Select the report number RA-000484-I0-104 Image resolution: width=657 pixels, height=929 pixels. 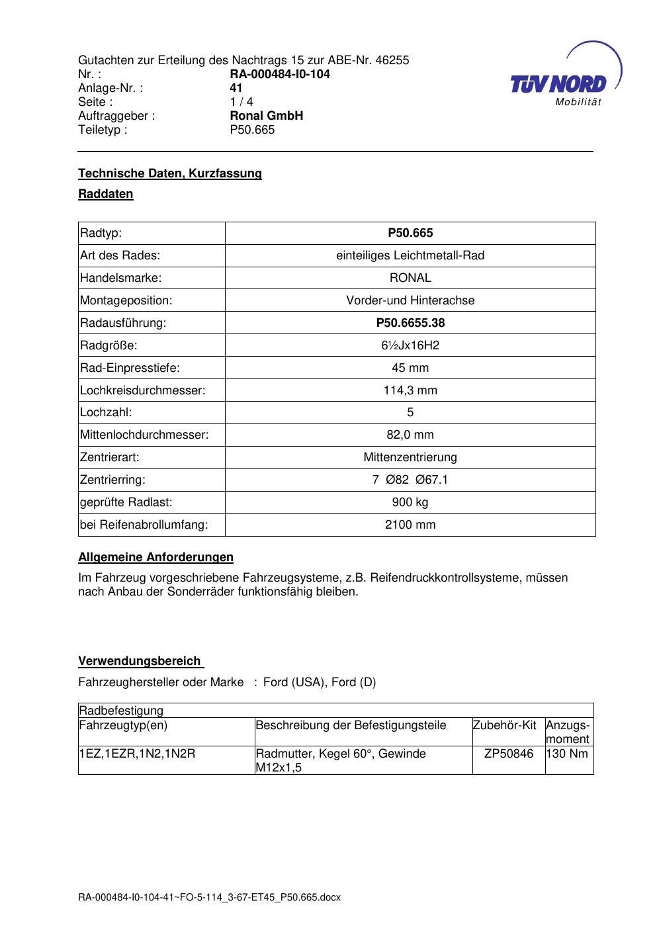279,74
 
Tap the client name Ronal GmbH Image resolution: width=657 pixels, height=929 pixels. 266,116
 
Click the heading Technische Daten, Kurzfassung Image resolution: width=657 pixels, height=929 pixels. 170,173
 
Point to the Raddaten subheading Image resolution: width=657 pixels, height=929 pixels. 106,194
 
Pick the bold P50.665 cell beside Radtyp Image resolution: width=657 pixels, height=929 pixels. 410,233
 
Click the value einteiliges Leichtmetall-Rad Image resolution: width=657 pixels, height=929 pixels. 410,255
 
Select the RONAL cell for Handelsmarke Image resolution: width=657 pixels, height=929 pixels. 410,278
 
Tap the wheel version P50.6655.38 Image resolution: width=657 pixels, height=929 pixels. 410,323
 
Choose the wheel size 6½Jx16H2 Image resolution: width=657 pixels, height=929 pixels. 410,345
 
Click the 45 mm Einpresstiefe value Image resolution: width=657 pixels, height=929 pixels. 410,368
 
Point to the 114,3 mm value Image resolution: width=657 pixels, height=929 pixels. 410,390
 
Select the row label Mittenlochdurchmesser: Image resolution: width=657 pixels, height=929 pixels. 144,435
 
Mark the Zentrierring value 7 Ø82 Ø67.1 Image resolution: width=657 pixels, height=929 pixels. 410,480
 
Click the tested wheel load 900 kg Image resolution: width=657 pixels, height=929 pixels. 410,502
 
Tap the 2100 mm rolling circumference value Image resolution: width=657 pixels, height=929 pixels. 410,525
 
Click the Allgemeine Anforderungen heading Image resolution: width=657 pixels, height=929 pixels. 155,557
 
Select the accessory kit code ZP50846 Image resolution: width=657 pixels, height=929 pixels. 508,754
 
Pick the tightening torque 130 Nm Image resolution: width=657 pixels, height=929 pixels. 568,754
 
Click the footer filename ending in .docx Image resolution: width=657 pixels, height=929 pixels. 209,898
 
